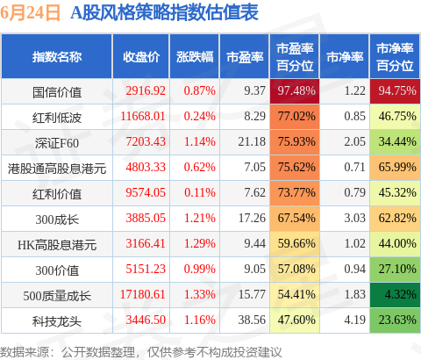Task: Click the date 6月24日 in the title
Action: [x=30, y=13]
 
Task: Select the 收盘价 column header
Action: [x=141, y=57]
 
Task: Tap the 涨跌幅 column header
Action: [x=195, y=57]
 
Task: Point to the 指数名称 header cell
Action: [x=57, y=57]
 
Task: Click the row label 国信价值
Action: [x=57, y=92]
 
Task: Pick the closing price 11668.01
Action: [x=143, y=116]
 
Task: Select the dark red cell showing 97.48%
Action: [x=295, y=91]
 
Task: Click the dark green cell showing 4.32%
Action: [x=395, y=295]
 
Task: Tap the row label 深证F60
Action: [x=57, y=143]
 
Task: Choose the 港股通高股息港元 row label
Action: [x=57, y=169]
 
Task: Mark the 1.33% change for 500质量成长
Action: [x=200, y=294]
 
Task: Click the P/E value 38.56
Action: [x=252, y=320]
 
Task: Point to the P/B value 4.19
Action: [x=354, y=320]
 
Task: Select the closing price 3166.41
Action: [x=146, y=243]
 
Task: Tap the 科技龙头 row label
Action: [x=57, y=321]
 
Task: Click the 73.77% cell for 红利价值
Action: [x=295, y=193]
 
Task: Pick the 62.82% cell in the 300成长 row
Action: [x=395, y=219]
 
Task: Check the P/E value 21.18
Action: [x=252, y=141]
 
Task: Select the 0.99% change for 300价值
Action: [x=200, y=269]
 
